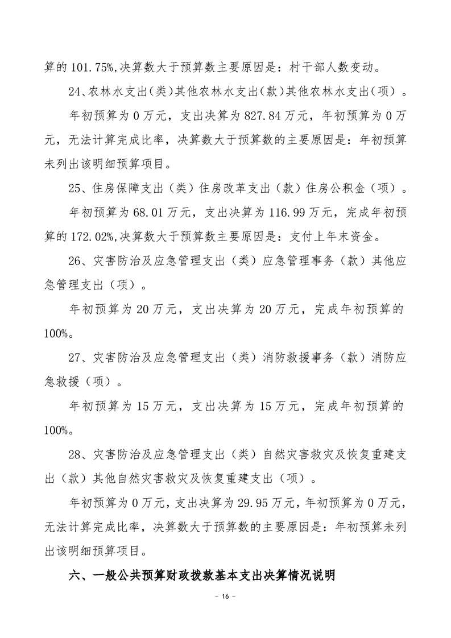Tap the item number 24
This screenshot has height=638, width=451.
[76, 92]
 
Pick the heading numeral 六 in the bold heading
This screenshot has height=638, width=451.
[75, 575]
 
